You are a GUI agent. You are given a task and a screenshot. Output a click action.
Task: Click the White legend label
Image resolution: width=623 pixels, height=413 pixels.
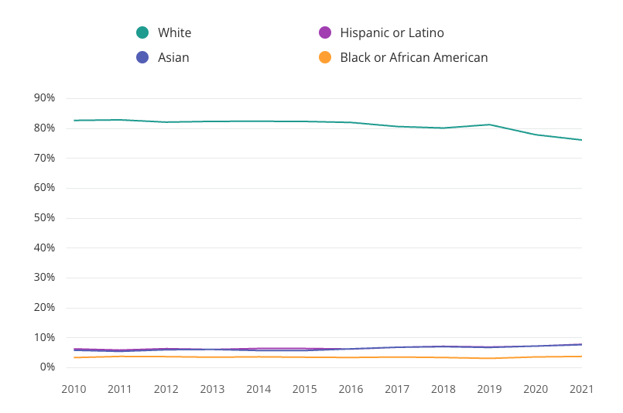[174, 32]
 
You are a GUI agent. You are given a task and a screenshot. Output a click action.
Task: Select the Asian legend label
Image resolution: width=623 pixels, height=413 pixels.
[173, 57]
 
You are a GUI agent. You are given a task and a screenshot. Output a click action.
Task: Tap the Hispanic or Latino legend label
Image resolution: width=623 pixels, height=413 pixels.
[392, 32]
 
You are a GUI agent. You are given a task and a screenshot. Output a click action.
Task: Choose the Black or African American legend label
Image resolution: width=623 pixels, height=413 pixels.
[413, 57]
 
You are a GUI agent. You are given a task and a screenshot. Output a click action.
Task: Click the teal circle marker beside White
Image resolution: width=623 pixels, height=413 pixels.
[142, 32]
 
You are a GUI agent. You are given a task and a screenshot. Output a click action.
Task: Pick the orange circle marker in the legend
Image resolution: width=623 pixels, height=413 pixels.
[325, 57]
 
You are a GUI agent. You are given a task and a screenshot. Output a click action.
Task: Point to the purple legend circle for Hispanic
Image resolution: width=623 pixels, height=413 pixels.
[325, 32]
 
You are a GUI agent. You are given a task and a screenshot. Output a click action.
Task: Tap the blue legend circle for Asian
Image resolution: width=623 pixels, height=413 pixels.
[142, 57]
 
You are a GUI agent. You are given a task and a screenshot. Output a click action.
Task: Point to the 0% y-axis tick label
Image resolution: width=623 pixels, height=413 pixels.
[48, 367]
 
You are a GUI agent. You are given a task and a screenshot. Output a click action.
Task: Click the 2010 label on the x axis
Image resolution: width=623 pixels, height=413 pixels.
[74, 389]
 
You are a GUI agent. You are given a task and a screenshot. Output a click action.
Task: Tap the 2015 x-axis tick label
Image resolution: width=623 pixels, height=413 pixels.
[305, 389]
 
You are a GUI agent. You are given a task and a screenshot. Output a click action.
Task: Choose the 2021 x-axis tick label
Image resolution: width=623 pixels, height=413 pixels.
[581, 389]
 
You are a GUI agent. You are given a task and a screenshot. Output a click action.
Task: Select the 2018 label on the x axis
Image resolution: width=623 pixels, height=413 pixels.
[443, 389]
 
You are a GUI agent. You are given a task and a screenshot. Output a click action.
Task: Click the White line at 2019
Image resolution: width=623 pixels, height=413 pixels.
[489, 125]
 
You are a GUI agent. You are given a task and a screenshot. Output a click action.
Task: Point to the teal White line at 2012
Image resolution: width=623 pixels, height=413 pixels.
[166, 122]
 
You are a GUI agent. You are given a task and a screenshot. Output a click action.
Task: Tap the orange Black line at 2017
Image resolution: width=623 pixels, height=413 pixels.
[397, 357]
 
